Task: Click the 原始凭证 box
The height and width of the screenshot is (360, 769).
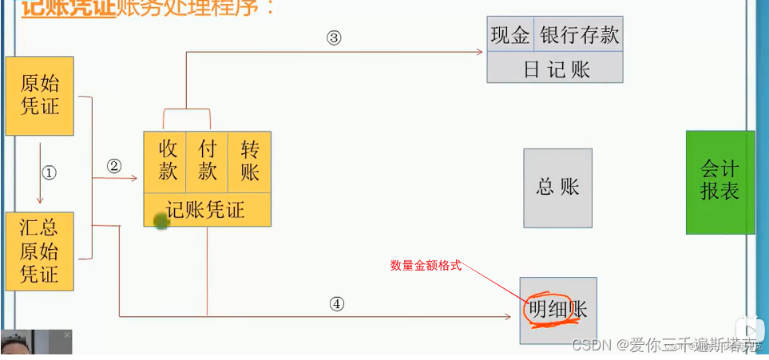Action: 40,95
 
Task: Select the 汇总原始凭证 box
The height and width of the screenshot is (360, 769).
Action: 40,251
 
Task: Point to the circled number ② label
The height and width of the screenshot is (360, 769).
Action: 114,166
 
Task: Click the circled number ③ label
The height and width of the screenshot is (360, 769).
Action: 334,38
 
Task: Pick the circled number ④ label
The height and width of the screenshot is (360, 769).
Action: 337,303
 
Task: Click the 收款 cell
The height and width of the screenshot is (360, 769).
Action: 168,160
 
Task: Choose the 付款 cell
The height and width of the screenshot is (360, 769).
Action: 208,160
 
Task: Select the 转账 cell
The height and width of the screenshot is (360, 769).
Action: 250,160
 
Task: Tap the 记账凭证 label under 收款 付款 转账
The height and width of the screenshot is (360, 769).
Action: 206,210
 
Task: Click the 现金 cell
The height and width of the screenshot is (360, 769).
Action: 510,35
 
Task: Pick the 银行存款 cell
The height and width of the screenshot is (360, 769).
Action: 579,35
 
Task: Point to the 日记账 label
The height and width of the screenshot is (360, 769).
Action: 556,69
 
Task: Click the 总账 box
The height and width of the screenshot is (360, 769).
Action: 557,188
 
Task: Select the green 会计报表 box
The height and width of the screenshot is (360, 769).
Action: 719,181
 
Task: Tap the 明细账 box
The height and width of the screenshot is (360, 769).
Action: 557,310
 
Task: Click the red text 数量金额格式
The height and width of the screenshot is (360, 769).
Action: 426,266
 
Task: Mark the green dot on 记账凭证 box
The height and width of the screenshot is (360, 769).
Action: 161,220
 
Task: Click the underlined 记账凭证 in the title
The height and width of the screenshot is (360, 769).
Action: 68,9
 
